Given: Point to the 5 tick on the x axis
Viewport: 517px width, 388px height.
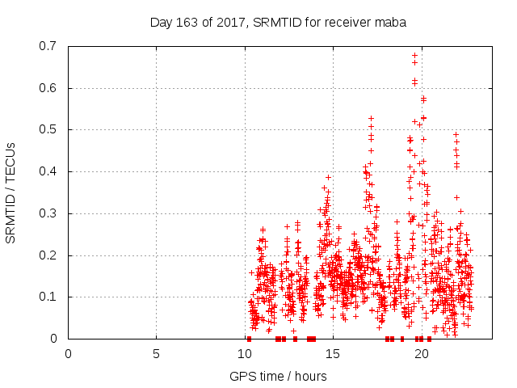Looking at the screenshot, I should pos(156,353).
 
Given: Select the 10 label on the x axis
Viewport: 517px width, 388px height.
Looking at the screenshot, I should pos(245,353).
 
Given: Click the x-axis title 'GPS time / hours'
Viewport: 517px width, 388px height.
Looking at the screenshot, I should pos(278,376).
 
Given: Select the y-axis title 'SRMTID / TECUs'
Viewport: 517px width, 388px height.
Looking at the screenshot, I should pos(11,192).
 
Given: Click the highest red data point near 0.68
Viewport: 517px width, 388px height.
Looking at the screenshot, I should pos(414,56).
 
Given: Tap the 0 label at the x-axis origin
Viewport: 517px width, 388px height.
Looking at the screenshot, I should pos(68,353).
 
